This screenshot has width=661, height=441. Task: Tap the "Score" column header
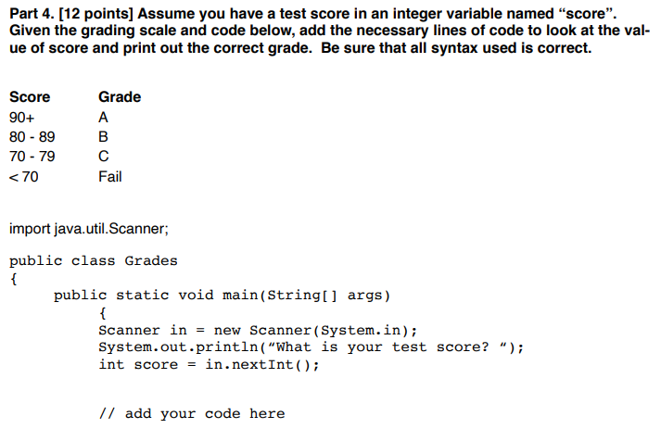(30, 96)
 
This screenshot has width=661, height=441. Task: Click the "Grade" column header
(120, 96)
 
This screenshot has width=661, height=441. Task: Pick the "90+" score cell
(22, 118)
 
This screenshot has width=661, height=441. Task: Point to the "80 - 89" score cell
(32, 137)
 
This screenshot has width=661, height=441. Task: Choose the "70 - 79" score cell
(32, 157)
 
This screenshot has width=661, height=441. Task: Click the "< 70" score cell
(24, 176)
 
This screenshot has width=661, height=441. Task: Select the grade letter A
(104, 118)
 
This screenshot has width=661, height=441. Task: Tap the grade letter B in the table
(104, 137)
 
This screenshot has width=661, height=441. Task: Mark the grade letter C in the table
(104, 157)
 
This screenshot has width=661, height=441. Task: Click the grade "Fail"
(110, 176)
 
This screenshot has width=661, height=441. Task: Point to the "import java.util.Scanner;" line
(88, 227)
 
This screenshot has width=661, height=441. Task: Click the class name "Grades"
(150, 260)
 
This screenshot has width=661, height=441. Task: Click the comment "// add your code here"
(192, 413)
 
